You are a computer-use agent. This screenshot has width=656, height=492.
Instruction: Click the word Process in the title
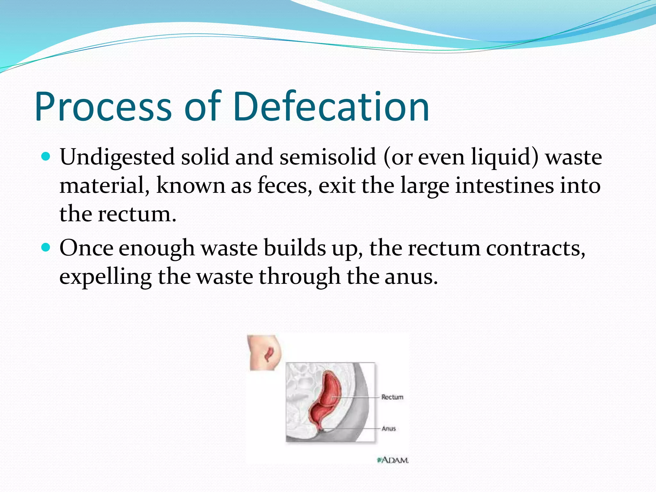[103, 107]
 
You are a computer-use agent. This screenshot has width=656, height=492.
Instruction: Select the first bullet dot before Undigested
[46, 157]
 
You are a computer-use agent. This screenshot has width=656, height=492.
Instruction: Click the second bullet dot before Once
[46, 248]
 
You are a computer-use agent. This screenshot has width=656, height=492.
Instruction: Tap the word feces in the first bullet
[282, 185]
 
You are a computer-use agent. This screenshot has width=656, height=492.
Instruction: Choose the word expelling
[105, 277]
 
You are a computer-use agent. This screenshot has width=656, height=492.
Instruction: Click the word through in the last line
[299, 277]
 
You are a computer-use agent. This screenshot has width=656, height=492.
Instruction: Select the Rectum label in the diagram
[392, 397]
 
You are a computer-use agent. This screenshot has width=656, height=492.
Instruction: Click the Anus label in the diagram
[389, 429]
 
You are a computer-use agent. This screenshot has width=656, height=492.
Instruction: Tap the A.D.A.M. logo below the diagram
[393, 460]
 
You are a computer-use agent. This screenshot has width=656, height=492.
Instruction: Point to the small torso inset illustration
[265, 352]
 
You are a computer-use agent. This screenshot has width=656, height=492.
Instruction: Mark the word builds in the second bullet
[294, 248]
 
